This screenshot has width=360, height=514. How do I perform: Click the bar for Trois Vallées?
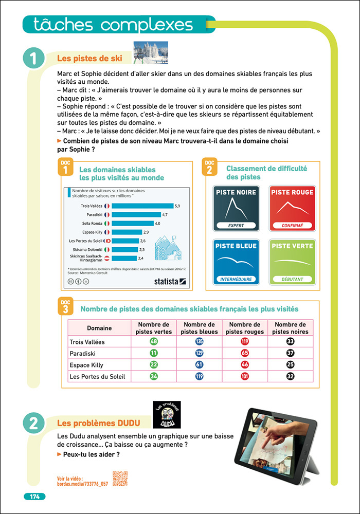click(142, 206)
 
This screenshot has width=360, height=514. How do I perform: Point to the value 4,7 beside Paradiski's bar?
click(165, 214)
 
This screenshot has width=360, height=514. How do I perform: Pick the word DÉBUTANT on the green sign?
click(292, 279)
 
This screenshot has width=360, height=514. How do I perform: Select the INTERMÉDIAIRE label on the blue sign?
click(236, 279)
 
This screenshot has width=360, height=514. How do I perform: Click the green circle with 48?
click(154, 342)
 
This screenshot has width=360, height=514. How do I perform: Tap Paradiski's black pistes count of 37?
click(291, 353)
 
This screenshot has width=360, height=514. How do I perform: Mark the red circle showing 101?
click(245, 376)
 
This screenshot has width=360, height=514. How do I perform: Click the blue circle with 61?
click(200, 365)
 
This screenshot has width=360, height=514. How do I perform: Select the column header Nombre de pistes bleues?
click(200, 328)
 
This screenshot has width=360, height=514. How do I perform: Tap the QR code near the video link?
click(120, 479)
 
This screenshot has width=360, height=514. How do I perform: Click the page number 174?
click(34, 497)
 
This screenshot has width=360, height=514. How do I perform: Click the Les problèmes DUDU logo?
click(168, 415)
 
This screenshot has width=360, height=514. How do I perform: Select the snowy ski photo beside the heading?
click(151, 53)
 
